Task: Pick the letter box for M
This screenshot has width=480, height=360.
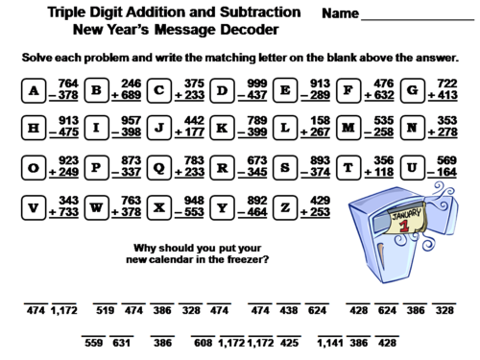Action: tap(347, 128)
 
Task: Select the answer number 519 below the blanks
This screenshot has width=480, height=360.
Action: tap(106, 311)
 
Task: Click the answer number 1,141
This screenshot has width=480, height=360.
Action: tap(329, 342)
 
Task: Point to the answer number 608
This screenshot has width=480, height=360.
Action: tap(203, 342)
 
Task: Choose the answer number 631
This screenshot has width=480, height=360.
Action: tap(120, 342)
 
